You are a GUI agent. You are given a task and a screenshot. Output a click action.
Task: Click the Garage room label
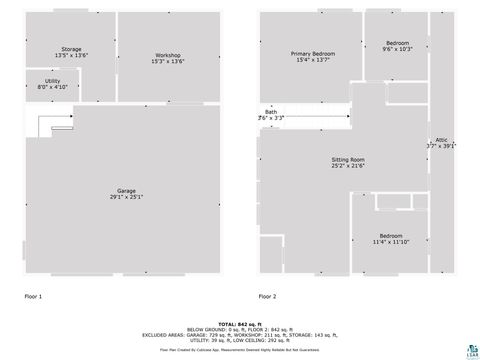click(x=126, y=190)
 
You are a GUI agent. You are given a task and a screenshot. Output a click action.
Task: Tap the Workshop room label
click(x=167, y=54)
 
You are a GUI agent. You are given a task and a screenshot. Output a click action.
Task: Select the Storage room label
click(x=70, y=48)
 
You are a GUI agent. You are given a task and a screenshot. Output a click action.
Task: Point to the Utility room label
click(x=52, y=80)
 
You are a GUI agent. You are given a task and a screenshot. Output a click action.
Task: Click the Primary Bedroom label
click(x=313, y=53)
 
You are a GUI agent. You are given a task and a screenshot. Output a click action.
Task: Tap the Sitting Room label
click(x=348, y=159)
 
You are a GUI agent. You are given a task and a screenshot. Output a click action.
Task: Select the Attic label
click(x=441, y=139)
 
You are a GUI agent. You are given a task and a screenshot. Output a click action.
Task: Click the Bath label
click(x=271, y=111)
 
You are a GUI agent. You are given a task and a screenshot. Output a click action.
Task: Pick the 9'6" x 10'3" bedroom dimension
click(x=398, y=50)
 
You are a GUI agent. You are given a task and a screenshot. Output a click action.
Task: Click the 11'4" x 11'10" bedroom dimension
click(x=390, y=242)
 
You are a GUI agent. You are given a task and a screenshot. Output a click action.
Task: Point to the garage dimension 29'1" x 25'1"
click(x=126, y=197)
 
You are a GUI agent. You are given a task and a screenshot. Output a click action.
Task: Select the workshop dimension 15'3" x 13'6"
click(x=167, y=61)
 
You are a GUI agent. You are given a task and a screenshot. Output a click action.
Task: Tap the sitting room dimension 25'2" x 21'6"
click(x=348, y=166)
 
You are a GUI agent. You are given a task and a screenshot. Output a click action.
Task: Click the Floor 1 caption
click(x=33, y=296)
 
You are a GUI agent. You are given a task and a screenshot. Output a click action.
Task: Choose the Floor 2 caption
click(x=267, y=296)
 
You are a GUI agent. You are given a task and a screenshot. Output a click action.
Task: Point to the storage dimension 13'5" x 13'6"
click(x=70, y=55)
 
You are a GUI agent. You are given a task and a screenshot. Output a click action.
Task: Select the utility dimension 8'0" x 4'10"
click(x=52, y=87)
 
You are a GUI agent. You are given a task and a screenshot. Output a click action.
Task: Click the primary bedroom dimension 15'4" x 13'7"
click(x=313, y=60)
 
